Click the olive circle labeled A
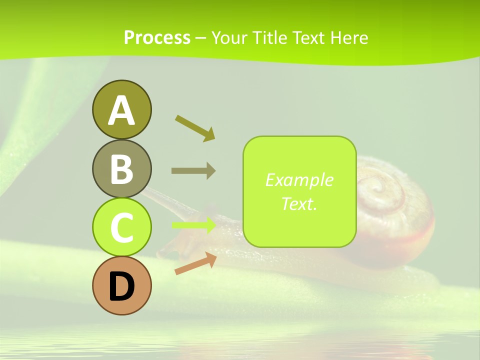pos(121,109)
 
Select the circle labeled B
pos(121,168)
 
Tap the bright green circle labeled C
pos(121,227)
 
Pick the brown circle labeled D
pos(121,286)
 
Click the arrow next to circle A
pos(195,128)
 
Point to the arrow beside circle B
pos(193,170)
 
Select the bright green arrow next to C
pos(194,225)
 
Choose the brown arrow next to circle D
pos(195,263)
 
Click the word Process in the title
pos(157,37)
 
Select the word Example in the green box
pos(299,180)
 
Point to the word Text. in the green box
pos(299,203)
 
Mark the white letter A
pos(121,110)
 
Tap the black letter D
pos(121,286)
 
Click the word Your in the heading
pos(229,37)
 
